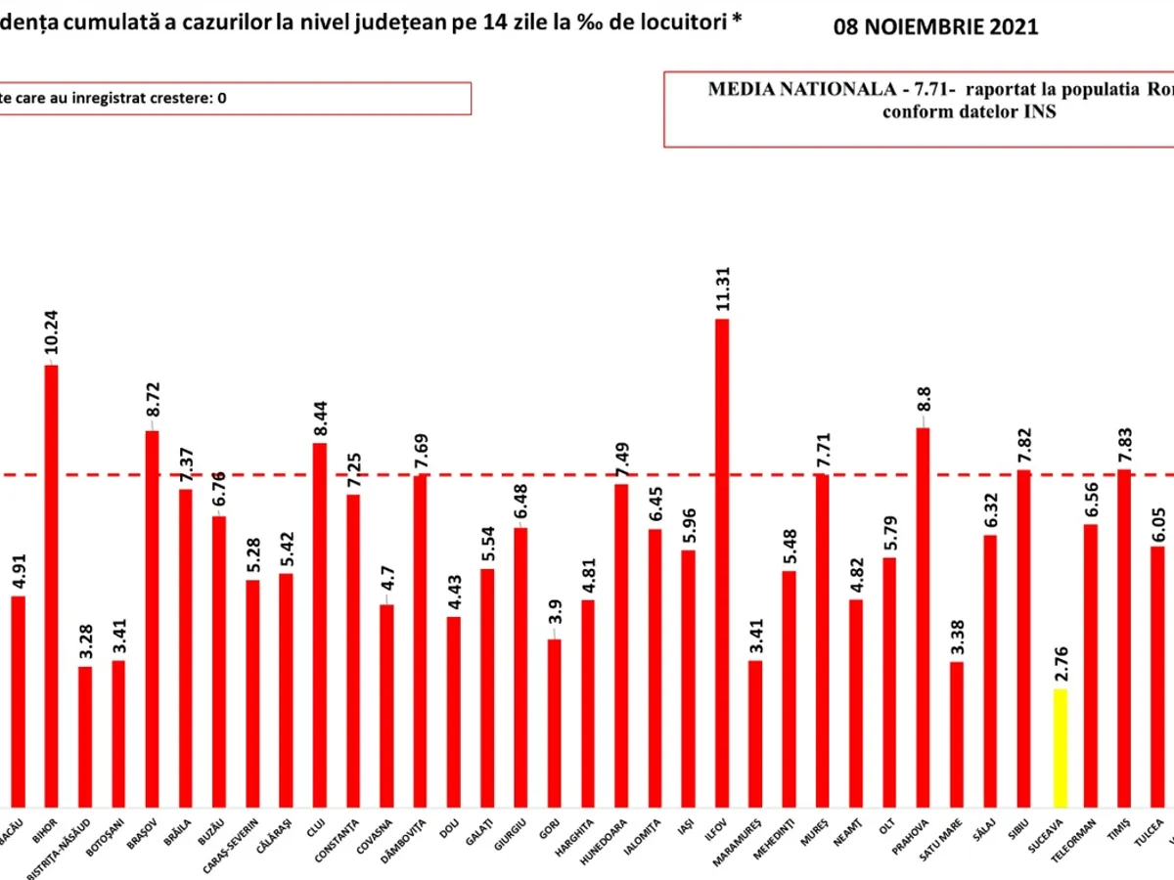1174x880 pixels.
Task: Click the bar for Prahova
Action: pos(922,616)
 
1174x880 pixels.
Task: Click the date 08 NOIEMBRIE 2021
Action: pos(935,27)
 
